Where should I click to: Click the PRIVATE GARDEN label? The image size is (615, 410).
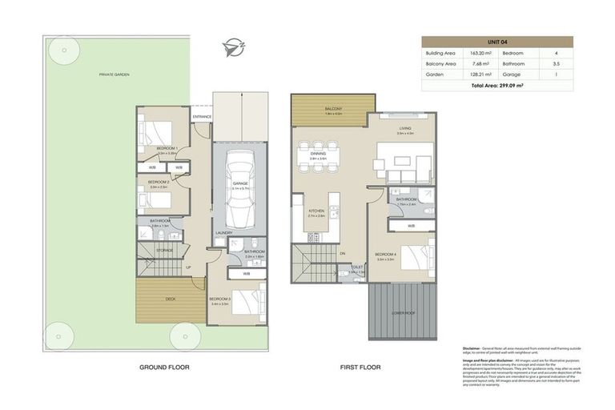[114, 74]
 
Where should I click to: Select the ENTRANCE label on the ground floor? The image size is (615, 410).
[202, 117]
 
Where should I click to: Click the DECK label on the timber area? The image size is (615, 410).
[170, 299]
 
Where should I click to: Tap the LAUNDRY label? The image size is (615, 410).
[223, 233]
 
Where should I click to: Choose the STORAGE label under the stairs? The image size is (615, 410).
[165, 250]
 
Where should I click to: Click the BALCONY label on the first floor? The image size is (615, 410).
[334, 109]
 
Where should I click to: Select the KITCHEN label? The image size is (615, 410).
[316, 211]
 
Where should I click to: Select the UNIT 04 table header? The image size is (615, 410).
[497, 42]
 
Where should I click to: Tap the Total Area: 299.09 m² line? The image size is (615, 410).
[497, 84]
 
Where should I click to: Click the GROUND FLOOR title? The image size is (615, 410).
[163, 368]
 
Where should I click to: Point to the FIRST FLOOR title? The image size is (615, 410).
[360, 368]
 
